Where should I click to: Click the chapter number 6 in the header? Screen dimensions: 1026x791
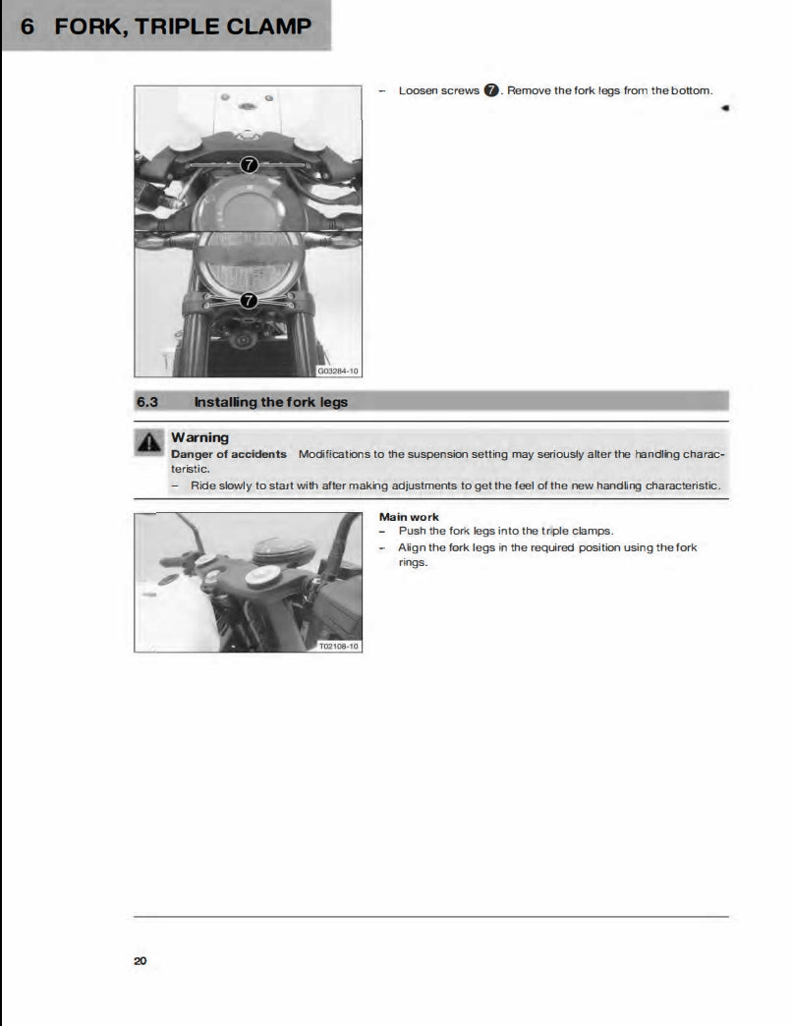point(28,26)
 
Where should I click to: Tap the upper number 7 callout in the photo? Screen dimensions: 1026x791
point(249,165)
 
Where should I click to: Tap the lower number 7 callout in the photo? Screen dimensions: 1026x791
point(249,300)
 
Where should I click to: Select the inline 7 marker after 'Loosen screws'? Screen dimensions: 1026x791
point(491,90)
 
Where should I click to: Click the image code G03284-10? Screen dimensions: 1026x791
point(338,371)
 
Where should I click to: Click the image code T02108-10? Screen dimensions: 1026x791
point(339,646)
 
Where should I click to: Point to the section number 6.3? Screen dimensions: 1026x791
point(146,401)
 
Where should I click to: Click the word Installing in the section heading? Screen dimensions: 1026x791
point(225,401)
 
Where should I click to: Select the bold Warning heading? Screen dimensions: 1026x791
point(199,437)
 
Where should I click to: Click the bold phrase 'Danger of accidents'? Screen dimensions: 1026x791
point(229,454)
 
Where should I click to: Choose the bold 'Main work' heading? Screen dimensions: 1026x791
point(409,517)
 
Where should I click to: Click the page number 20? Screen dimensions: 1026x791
point(140,960)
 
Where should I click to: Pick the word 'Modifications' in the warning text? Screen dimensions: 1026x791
point(334,454)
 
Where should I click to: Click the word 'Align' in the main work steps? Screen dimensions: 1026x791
point(411,547)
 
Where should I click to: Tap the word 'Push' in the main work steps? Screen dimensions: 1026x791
point(411,531)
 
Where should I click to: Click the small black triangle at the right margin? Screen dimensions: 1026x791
point(724,108)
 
